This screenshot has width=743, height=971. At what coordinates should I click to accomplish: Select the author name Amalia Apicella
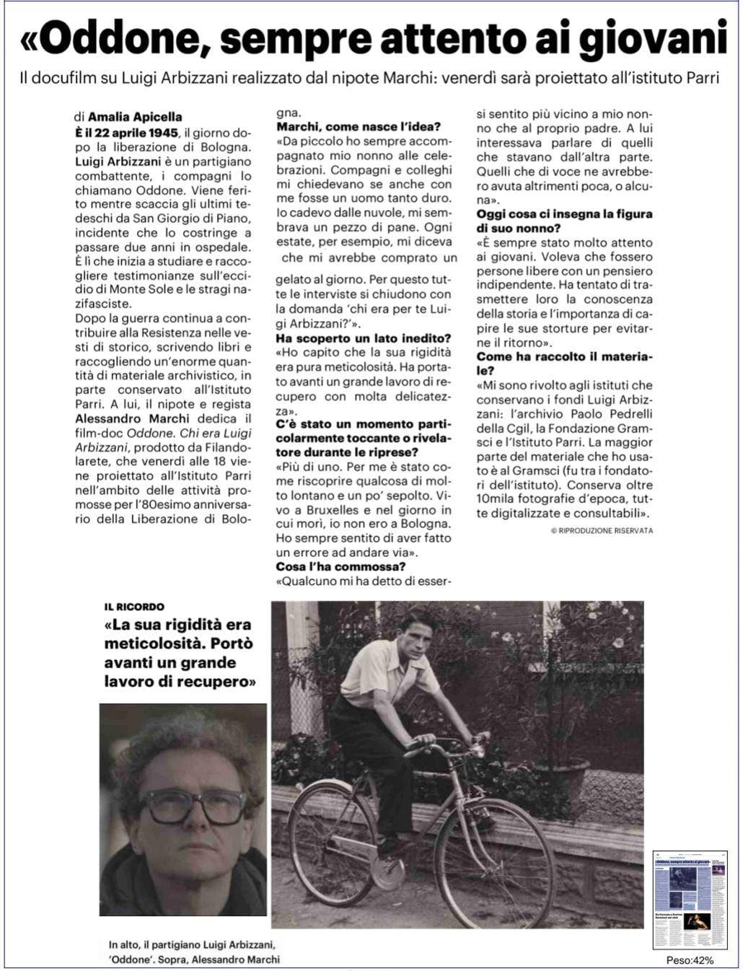pos(135,117)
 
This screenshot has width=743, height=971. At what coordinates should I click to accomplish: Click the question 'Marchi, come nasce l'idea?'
pos(359,127)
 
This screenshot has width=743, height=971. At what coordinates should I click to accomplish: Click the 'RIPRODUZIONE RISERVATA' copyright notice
pos(601,531)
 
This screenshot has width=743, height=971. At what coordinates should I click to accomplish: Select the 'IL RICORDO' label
pos(135,607)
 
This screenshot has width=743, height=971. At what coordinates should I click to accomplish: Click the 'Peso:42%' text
pos(690,960)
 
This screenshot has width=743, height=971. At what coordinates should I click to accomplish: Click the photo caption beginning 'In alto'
pos(193,952)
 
